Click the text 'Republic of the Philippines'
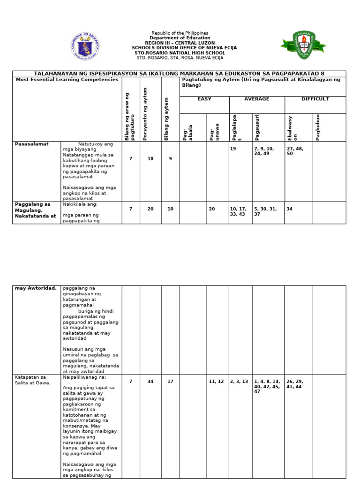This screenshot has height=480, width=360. [x=180, y=33]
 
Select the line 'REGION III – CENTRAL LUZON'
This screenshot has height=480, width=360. [x=180, y=43]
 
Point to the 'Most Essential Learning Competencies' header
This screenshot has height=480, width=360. [x=67, y=80]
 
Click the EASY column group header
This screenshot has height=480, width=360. [x=204, y=99]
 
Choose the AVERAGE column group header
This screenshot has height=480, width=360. [x=256, y=99]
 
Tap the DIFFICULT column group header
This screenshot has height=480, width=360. [x=315, y=99]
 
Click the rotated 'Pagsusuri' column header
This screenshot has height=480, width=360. [x=257, y=127]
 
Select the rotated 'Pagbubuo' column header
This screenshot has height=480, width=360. [x=318, y=127]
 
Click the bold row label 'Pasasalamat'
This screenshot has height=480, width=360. [x=31, y=144]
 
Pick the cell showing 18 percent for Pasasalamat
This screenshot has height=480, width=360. [x=150, y=159]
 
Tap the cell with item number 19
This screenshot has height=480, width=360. [x=233, y=149]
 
